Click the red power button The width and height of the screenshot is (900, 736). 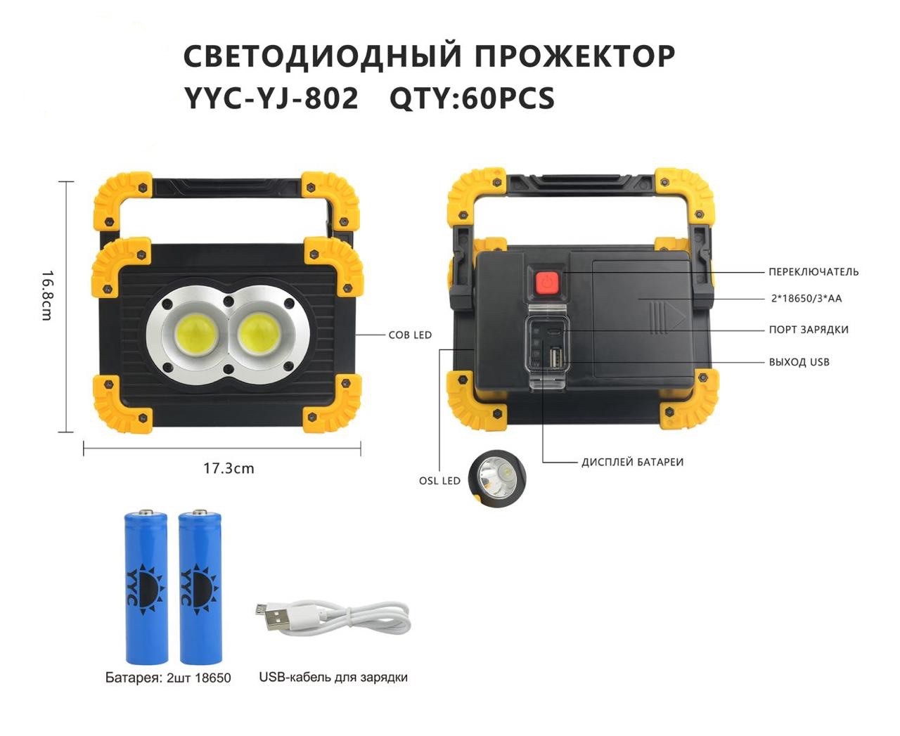pyautogui.click(x=546, y=281)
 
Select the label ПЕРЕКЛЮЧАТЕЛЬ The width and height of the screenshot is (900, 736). pyautogui.click(x=814, y=272)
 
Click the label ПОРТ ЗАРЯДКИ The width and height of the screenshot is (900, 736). pyautogui.click(x=809, y=330)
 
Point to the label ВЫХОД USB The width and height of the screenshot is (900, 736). pyautogui.click(x=799, y=362)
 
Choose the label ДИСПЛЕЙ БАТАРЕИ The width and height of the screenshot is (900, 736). pyautogui.click(x=632, y=462)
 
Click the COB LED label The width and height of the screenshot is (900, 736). pyautogui.click(x=410, y=335)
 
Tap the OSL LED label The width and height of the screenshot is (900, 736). pyautogui.click(x=439, y=481)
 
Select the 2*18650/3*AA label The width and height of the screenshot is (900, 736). pyautogui.click(x=806, y=298)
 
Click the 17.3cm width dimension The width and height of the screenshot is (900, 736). pyautogui.click(x=229, y=468)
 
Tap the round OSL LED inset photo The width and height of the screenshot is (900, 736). pyautogui.click(x=496, y=478)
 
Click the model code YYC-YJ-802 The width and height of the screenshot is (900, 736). pyautogui.click(x=271, y=98)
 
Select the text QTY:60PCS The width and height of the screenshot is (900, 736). pyautogui.click(x=472, y=98)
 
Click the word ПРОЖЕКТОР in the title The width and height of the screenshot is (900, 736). pyautogui.click(x=575, y=56)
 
